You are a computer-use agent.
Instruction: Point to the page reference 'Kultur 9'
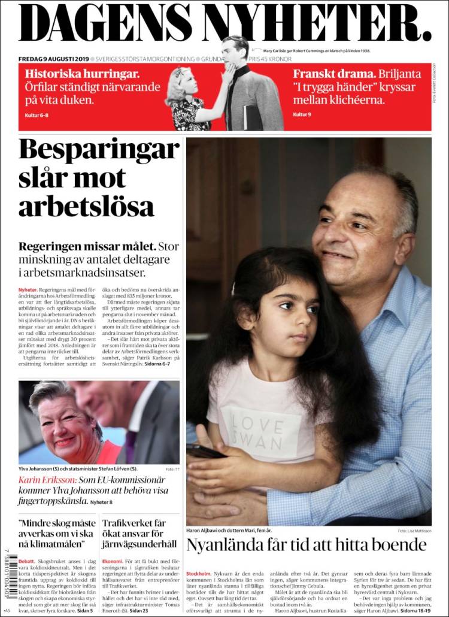[x=303, y=114]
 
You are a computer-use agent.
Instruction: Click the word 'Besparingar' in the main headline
[x=99, y=150]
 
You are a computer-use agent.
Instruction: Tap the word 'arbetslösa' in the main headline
[x=86, y=206]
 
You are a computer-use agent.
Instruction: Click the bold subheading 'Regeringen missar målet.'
[x=87, y=246]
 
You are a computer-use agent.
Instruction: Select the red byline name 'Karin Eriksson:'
[x=47, y=480]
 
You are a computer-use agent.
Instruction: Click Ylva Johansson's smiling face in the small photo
[x=60, y=427]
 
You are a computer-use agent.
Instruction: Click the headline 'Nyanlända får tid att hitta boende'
[x=306, y=545]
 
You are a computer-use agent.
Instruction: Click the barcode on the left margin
[x=12, y=576]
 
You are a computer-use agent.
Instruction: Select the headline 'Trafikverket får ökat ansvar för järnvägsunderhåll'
[x=140, y=534]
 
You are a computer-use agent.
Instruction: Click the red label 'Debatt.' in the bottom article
[x=27, y=561]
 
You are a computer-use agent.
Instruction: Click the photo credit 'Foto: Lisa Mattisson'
[x=414, y=531]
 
